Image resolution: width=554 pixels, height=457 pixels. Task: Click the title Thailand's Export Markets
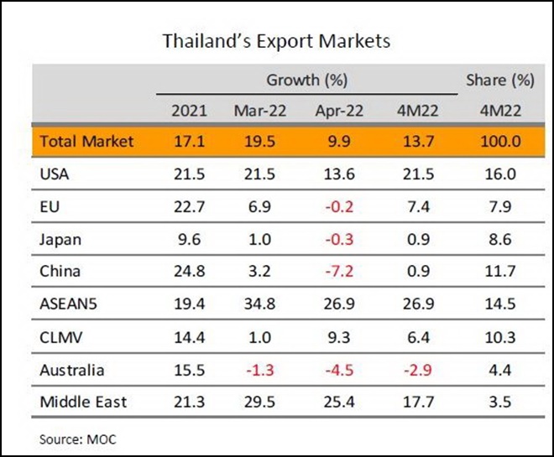(276, 39)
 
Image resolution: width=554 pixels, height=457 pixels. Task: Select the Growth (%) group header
(307, 80)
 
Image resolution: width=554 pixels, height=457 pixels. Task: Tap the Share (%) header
(500, 80)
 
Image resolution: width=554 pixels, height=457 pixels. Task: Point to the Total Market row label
(86, 142)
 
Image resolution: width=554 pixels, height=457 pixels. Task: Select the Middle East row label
(83, 402)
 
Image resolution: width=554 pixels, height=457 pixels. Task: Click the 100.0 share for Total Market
(500, 142)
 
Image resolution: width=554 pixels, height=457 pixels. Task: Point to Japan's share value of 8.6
(500, 239)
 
